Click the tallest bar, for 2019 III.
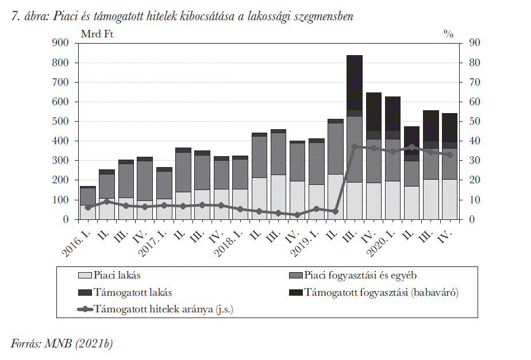tap(355, 137)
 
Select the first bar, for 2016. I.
tap(88, 203)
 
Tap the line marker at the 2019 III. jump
tap(355, 147)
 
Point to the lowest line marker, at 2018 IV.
tap(297, 215)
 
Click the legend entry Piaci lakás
tap(109, 275)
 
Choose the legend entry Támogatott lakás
tap(125, 292)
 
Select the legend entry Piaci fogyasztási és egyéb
tap(353, 275)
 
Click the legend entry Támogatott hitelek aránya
tap(155, 309)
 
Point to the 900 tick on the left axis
tap(60, 42)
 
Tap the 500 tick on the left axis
tap(60, 121)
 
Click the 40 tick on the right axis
tap(475, 141)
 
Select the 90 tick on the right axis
tap(475, 42)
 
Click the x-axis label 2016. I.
tap(77, 242)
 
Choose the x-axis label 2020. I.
tap(382, 242)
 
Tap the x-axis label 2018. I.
tap(230, 242)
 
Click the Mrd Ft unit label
tap(97, 34)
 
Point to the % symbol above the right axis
tap(449, 34)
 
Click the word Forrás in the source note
tap(26, 344)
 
